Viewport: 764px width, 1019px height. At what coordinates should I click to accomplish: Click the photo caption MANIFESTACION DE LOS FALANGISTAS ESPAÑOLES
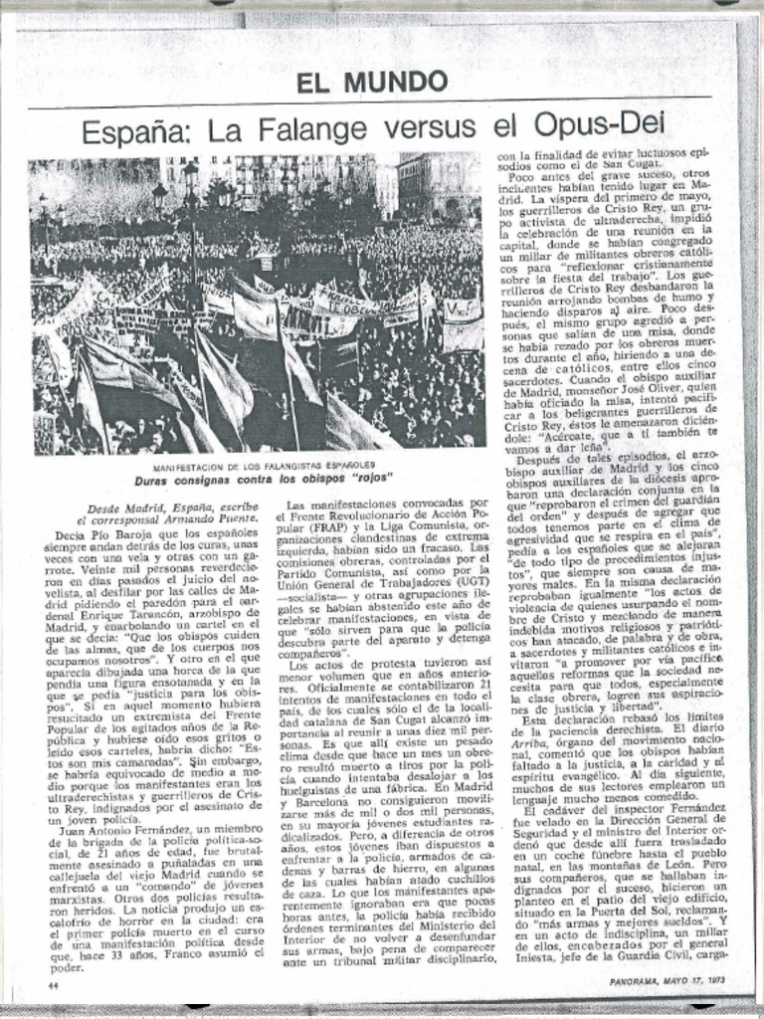click(263, 466)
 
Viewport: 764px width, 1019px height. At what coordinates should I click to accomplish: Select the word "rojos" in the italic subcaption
click(367, 479)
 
